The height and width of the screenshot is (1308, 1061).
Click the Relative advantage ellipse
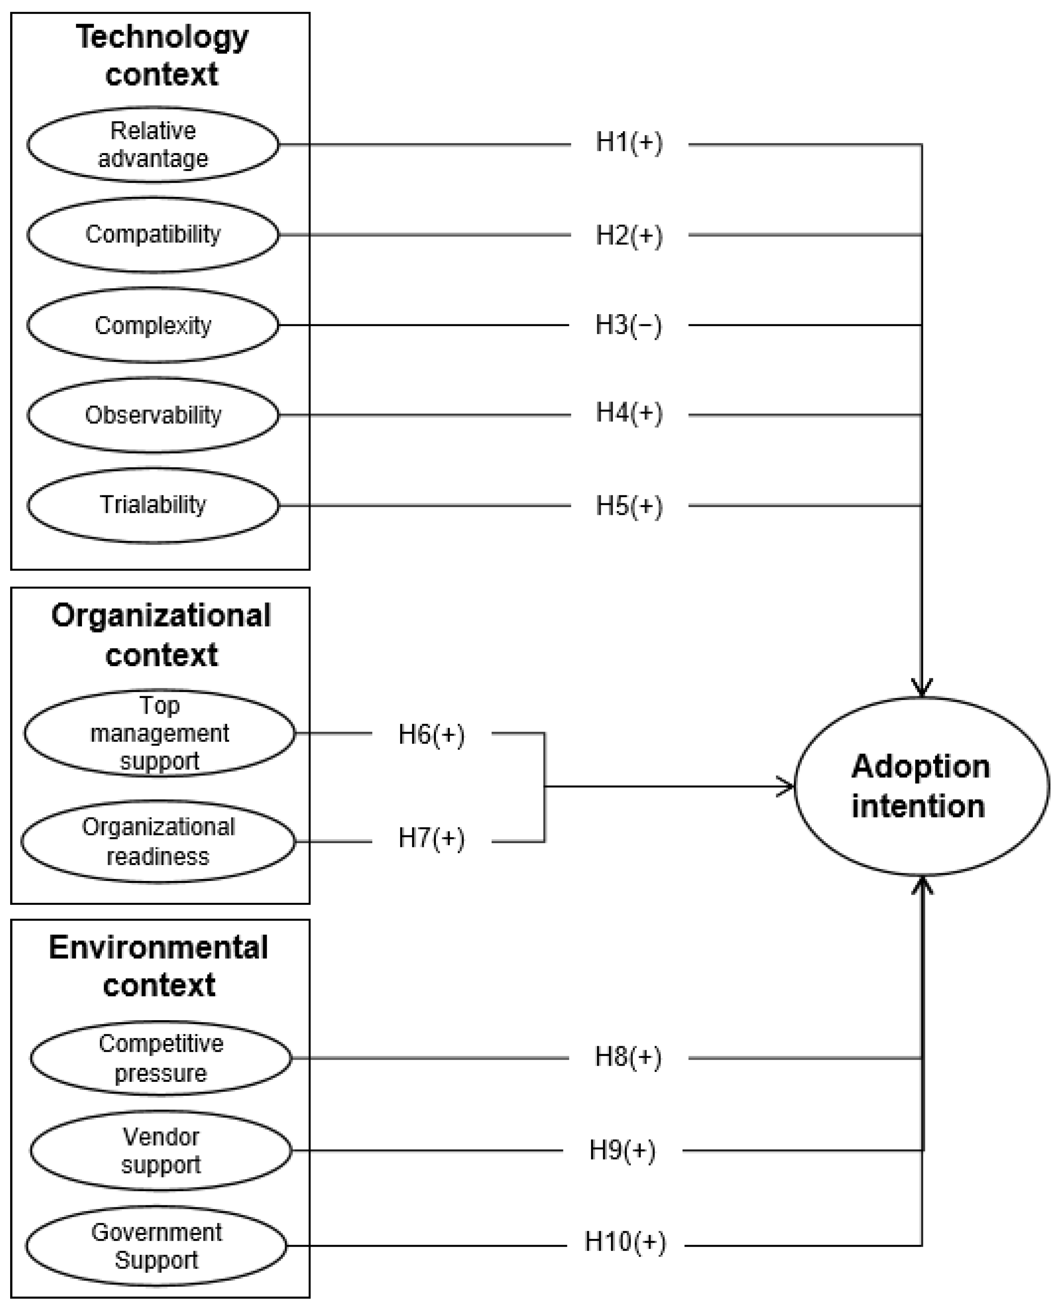click(x=153, y=145)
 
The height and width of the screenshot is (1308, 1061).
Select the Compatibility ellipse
click(x=153, y=235)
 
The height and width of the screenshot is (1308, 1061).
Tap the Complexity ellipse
click(x=153, y=325)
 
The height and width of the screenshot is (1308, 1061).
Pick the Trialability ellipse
click(x=153, y=505)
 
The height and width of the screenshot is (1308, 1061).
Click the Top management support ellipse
click(x=160, y=733)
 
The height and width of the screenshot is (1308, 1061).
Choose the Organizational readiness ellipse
click(x=158, y=842)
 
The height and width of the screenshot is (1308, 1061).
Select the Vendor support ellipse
click(x=161, y=1150)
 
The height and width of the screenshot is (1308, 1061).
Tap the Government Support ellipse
click(x=156, y=1245)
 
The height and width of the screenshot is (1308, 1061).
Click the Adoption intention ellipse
click(x=921, y=786)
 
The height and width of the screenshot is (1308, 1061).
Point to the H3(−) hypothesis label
click(x=629, y=325)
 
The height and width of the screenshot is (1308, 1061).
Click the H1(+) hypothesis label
click(x=629, y=143)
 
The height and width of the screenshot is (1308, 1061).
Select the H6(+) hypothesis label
click(x=431, y=734)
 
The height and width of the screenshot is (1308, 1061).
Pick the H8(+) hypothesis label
click(x=628, y=1057)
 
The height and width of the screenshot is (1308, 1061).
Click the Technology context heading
click(x=162, y=55)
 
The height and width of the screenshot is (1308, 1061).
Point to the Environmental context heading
click(x=159, y=966)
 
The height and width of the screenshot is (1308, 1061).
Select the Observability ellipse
click(x=153, y=415)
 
